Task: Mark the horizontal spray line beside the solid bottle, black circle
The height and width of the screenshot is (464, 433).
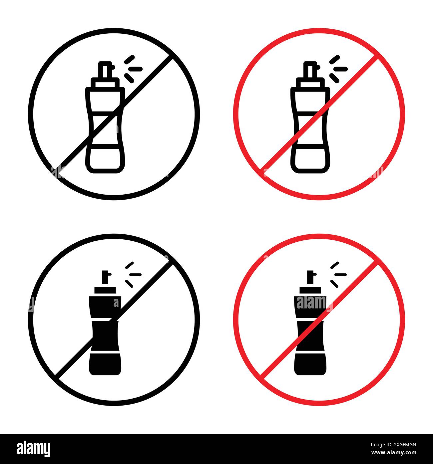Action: [x=135, y=274]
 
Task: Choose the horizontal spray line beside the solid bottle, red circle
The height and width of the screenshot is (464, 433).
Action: [x=340, y=274]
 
